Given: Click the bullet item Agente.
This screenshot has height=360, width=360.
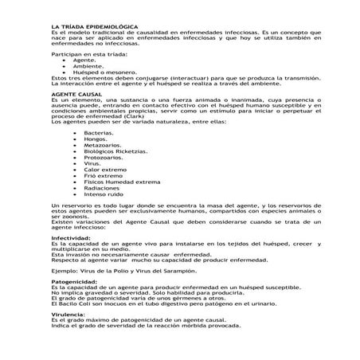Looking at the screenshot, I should (84, 59).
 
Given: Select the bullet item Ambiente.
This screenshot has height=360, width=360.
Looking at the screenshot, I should (88, 65).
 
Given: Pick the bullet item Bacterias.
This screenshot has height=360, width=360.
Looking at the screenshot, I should (99, 132).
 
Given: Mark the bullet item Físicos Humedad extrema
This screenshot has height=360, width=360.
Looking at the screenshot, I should (122, 182).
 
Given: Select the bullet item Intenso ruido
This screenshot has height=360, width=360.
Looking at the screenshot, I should (104, 195).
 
